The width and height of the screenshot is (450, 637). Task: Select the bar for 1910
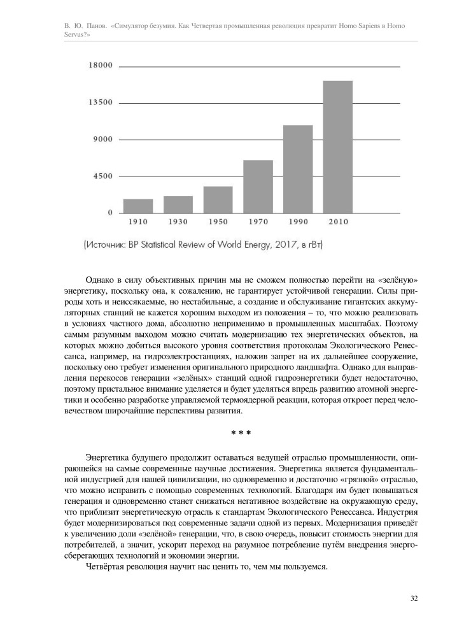pyautogui.click(x=138, y=206)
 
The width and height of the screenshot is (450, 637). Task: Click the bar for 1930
pyautogui.click(x=178, y=204)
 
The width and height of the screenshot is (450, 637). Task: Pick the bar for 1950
pyautogui.click(x=218, y=199)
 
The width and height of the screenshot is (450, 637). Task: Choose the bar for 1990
pyautogui.click(x=298, y=169)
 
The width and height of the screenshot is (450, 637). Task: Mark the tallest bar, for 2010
pyautogui.click(x=338, y=147)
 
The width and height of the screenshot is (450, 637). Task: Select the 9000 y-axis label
pyautogui.click(x=102, y=140)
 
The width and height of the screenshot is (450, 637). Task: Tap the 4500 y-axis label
pyautogui.click(x=102, y=176)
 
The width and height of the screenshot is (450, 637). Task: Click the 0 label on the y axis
pyautogui.click(x=110, y=213)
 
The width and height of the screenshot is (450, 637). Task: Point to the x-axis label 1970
pyautogui.click(x=258, y=222)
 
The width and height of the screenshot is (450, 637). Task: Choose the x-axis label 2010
pyautogui.click(x=338, y=222)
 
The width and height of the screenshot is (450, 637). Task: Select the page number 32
pyautogui.click(x=414, y=598)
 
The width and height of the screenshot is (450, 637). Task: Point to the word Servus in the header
pyautogui.click(x=74, y=36)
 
